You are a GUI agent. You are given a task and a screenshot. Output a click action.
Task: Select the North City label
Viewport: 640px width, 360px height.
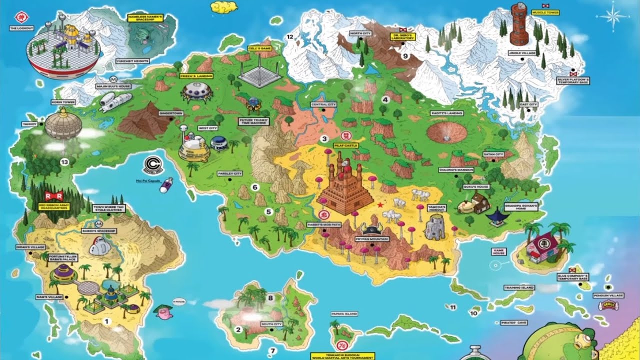pyautogui.click(x=360, y=33)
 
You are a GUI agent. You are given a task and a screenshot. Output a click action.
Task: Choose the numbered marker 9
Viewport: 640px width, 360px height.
pyautogui.click(x=405, y=56)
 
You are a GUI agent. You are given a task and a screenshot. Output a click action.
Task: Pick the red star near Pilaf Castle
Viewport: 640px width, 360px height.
pyautogui.click(x=380, y=205)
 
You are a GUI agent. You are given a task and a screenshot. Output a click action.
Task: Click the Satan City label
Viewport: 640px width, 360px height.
pyautogui.click(x=492, y=154)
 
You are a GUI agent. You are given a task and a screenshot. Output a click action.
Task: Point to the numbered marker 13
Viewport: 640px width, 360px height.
pyautogui.click(x=63, y=161)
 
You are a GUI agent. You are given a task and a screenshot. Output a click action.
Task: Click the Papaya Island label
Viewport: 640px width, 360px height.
pyautogui.click(x=344, y=313)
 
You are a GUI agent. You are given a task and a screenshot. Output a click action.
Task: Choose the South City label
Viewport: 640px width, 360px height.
pyautogui.click(x=271, y=324)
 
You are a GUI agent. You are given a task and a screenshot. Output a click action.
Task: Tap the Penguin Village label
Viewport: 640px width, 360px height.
pyautogui.click(x=608, y=295)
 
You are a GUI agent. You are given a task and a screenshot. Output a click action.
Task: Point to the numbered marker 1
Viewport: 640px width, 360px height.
pyautogui.click(x=105, y=320)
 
